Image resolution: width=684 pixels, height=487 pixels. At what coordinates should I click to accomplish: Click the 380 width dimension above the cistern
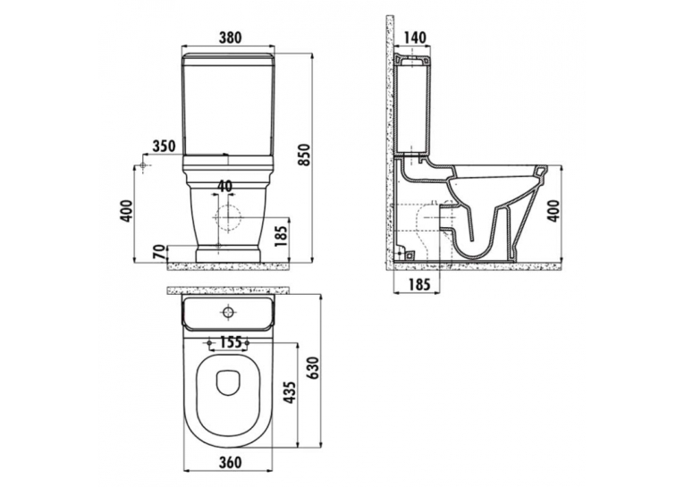(230, 38)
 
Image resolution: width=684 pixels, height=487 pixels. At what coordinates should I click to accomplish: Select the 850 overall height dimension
(305, 155)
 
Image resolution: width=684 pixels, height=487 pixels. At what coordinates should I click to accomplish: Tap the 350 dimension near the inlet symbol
(163, 146)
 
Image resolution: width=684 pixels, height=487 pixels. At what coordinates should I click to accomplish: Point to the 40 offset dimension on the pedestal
(224, 186)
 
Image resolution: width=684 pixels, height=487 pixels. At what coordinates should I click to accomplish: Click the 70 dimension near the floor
(160, 253)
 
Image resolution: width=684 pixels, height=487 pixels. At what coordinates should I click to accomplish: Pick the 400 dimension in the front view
(126, 211)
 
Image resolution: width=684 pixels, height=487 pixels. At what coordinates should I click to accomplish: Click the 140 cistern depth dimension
(414, 38)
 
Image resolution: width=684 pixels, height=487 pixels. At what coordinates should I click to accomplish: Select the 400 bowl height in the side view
(554, 211)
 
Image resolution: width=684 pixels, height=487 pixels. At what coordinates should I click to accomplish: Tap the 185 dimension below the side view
(419, 284)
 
